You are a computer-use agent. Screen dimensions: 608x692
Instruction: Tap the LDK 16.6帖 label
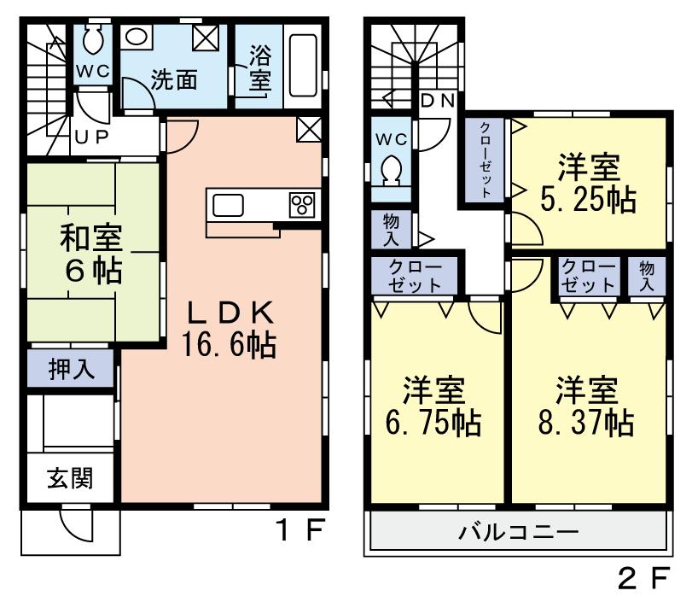tap(227, 328)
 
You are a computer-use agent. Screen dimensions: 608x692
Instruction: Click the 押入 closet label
tap(70, 371)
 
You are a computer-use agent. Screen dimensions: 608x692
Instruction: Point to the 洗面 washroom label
tap(174, 80)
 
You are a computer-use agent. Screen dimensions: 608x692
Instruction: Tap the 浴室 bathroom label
tap(259, 69)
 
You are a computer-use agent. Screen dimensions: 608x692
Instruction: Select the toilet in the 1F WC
tap(93, 40)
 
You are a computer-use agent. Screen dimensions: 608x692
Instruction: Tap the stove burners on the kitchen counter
tap(302, 206)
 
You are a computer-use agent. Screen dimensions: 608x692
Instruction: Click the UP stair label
tap(90, 136)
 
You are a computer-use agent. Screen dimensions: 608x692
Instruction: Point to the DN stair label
tap(440, 99)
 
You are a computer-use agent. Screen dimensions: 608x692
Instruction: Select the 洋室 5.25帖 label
tap(588, 182)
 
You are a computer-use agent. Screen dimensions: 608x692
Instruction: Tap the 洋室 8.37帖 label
tap(586, 406)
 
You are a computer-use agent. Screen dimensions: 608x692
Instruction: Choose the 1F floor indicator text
tap(299, 530)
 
